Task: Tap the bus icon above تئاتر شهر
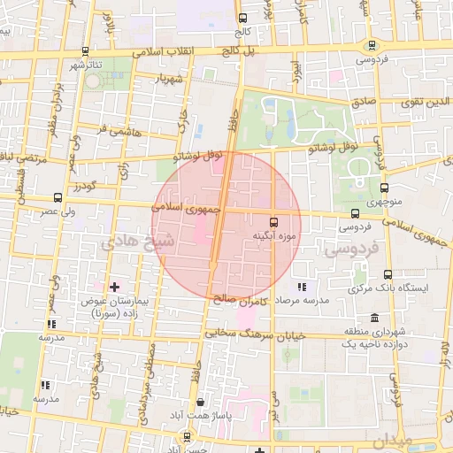click(x=85, y=51)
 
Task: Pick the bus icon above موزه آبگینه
click(x=273, y=222)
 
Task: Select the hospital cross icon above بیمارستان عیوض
click(x=115, y=287)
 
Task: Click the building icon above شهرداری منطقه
click(x=375, y=318)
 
